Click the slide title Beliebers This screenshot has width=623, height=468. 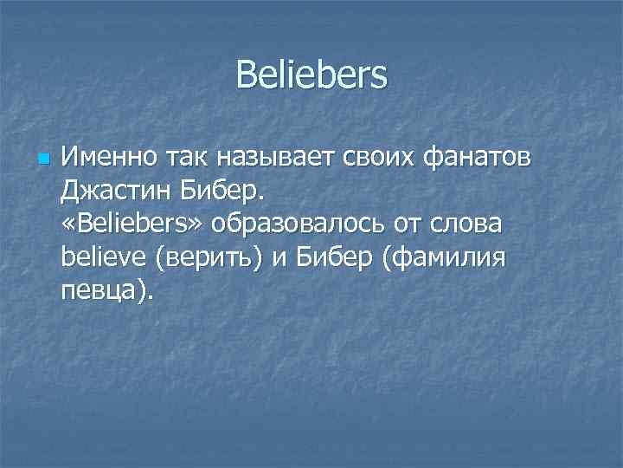coord(311,75)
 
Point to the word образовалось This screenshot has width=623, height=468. coord(303,224)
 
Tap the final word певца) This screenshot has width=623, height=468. coord(106,289)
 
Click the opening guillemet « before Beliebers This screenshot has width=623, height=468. coord(68,224)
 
